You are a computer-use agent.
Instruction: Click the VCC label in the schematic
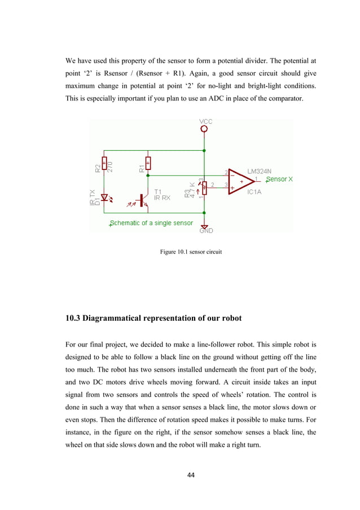pyautogui.click(x=204, y=121)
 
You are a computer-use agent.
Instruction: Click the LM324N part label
pyautogui.click(x=259, y=171)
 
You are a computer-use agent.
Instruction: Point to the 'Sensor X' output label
pyautogui.click(x=279, y=179)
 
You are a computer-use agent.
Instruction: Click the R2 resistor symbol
pyautogui.click(x=104, y=164)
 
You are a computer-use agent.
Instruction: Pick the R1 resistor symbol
pyautogui.click(x=148, y=164)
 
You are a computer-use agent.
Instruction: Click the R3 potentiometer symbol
pyautogui.click(x=204, y=187)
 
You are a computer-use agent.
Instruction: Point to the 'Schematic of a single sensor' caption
pyautogui.click(x=151, y=223)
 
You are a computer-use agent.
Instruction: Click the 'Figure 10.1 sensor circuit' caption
pyautogui.click(x=191, y=252)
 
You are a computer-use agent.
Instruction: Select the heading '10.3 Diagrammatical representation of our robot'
pyautogui.click(x=153, y=319)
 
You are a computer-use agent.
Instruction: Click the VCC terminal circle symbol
pyautogui.click(x=204, y=129)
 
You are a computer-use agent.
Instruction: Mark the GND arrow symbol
pyautogui.click(x=204, y=224)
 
